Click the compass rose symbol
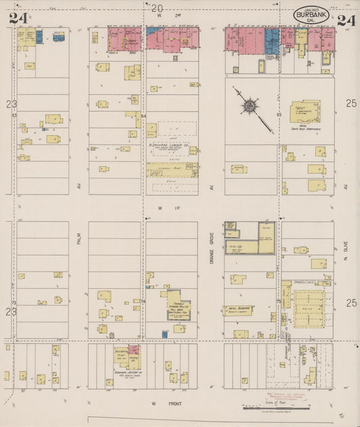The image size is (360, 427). [249, 105]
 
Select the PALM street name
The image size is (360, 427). [78, 239]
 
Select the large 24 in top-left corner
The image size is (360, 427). [19, 19]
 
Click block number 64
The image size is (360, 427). [144, 116]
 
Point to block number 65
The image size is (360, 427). [278, 116]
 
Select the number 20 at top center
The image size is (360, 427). [157, 8]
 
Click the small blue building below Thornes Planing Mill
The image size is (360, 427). [164, 333]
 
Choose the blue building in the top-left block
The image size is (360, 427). [38, 37]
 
